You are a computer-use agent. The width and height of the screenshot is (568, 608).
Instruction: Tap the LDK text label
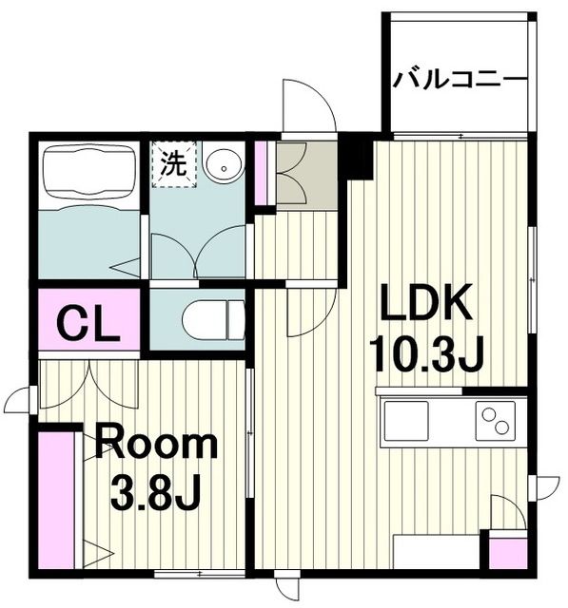pyautogui.click(x=427, y=306)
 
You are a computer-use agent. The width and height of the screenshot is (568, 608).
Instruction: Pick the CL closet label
pyautogui.click(x=88, y=323)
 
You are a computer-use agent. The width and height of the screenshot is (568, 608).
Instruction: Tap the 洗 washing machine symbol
pyautogui.click(x=173, y=164)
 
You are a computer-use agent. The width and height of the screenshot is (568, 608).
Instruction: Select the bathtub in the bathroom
pyautogui.click(x=88, y=176)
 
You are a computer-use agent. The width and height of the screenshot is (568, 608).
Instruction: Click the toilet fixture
pyautogui.click(x=211, y=320)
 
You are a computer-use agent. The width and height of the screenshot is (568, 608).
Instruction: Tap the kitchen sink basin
pyautogui.click(x=405, y=420)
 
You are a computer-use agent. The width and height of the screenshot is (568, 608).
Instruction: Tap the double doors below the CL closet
pyautogui.click(x=89, y=380)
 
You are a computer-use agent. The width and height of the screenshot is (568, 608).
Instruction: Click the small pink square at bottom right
pyautogui.click(x=506, y=552)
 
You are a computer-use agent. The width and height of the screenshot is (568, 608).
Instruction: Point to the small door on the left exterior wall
pyautogui.click(x=20, y=400)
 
